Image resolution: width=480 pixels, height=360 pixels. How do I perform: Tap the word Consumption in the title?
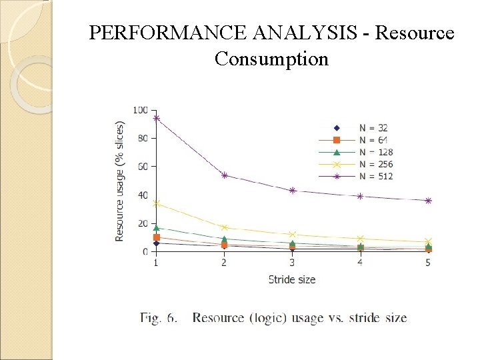pyautogui.click(x=271, y=59)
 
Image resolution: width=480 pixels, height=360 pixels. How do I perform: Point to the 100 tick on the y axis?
pyautogui.click(x=141, y=110)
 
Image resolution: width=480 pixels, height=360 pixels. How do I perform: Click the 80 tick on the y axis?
pyautogui.click(x=143, y=138)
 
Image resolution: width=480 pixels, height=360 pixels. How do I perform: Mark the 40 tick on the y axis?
pyautogui.click(x=143, y=195)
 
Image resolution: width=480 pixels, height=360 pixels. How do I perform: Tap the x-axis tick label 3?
pyautogui.click(x=292, y=263)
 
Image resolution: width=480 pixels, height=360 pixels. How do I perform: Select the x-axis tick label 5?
pyautogui.click(x=428, y=263)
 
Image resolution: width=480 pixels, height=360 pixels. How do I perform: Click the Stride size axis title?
pyautogui.click(x=292, y=279)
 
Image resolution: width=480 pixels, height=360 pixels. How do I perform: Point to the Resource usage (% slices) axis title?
pyautogui.click(x=120, y=181)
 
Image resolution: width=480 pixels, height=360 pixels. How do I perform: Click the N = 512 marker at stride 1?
pyautogui.click(x=156, y=118)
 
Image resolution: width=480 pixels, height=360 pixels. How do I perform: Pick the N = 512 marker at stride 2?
pyautogui.click(x=224, y=175)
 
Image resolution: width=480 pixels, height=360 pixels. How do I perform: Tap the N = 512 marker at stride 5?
pyautogui.click(x=428, y=201)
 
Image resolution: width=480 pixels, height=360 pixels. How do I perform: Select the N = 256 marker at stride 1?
pyautogui.click(x=156, y=203)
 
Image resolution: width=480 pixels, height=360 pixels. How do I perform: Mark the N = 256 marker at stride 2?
pyautogui.click(x=224, y=227)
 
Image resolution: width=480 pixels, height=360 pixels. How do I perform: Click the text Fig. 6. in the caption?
pyautogui.click(x=159, y=317)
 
